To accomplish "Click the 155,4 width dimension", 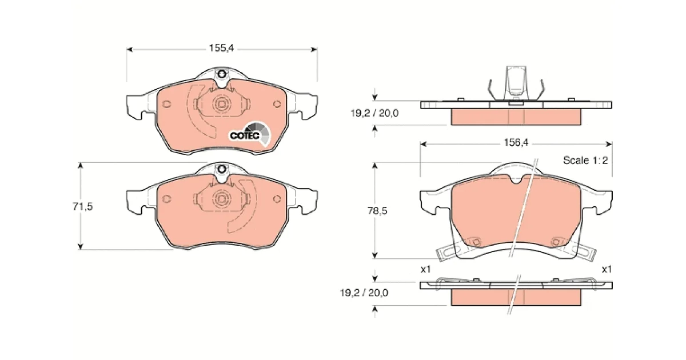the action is (221, 48).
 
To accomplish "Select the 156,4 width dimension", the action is (516, 142).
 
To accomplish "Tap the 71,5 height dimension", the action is (83, 207).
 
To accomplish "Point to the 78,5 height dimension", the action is (377, 211).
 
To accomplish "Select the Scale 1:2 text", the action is (585, 160).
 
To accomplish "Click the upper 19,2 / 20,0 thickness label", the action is (374, 114).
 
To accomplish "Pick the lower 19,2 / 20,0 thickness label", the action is (364, 293).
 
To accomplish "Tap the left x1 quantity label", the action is (426, 269).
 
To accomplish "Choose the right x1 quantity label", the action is (607, 269).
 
